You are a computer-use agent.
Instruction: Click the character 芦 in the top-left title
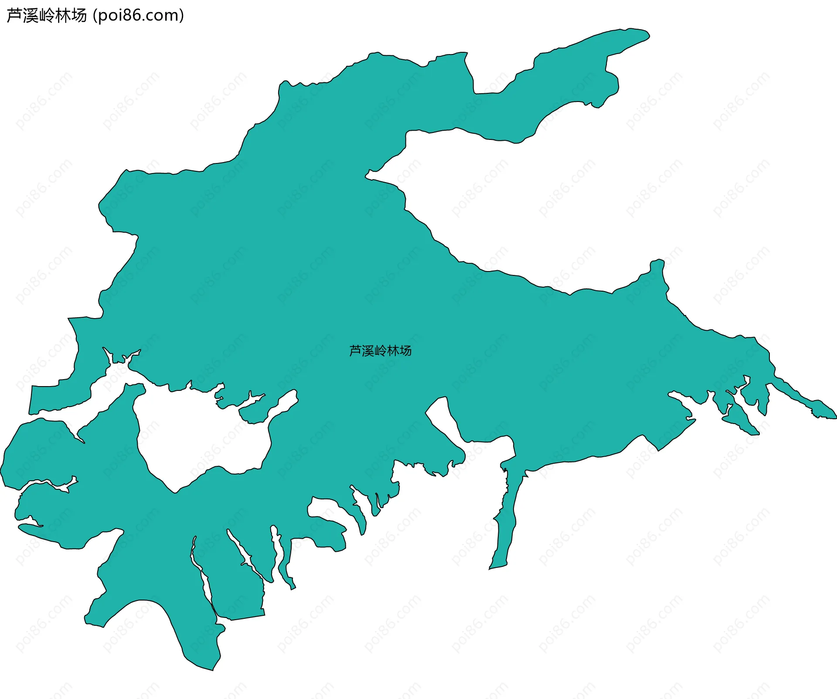(14, 16)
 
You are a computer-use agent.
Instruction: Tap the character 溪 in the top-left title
(30, 16)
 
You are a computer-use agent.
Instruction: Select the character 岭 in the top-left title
(47, 16)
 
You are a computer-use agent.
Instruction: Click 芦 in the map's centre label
(355, 351)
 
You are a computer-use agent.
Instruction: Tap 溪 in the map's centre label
(368, 351)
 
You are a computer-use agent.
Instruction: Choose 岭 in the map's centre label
(381, 351)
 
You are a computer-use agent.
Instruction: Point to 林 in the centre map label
(393, 351)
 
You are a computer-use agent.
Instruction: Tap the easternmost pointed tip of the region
(835, 417)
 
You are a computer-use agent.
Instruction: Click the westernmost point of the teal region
(1, 471)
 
